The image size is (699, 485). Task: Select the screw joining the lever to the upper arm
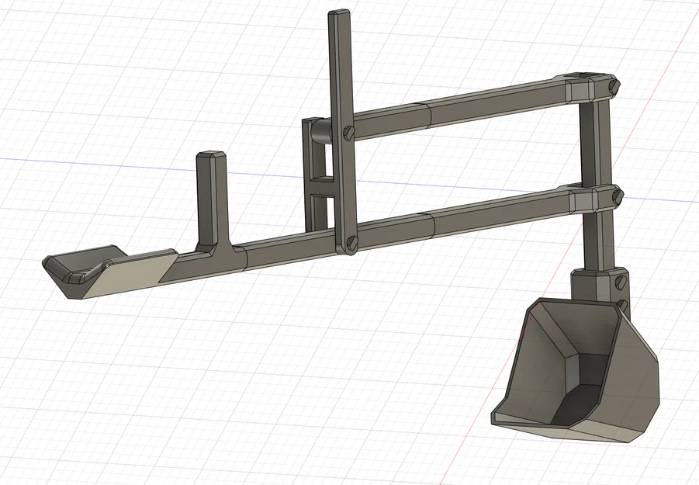(347, 133)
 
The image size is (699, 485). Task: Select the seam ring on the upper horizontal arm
(428, 114)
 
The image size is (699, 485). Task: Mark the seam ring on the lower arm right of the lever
(431, 226)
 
